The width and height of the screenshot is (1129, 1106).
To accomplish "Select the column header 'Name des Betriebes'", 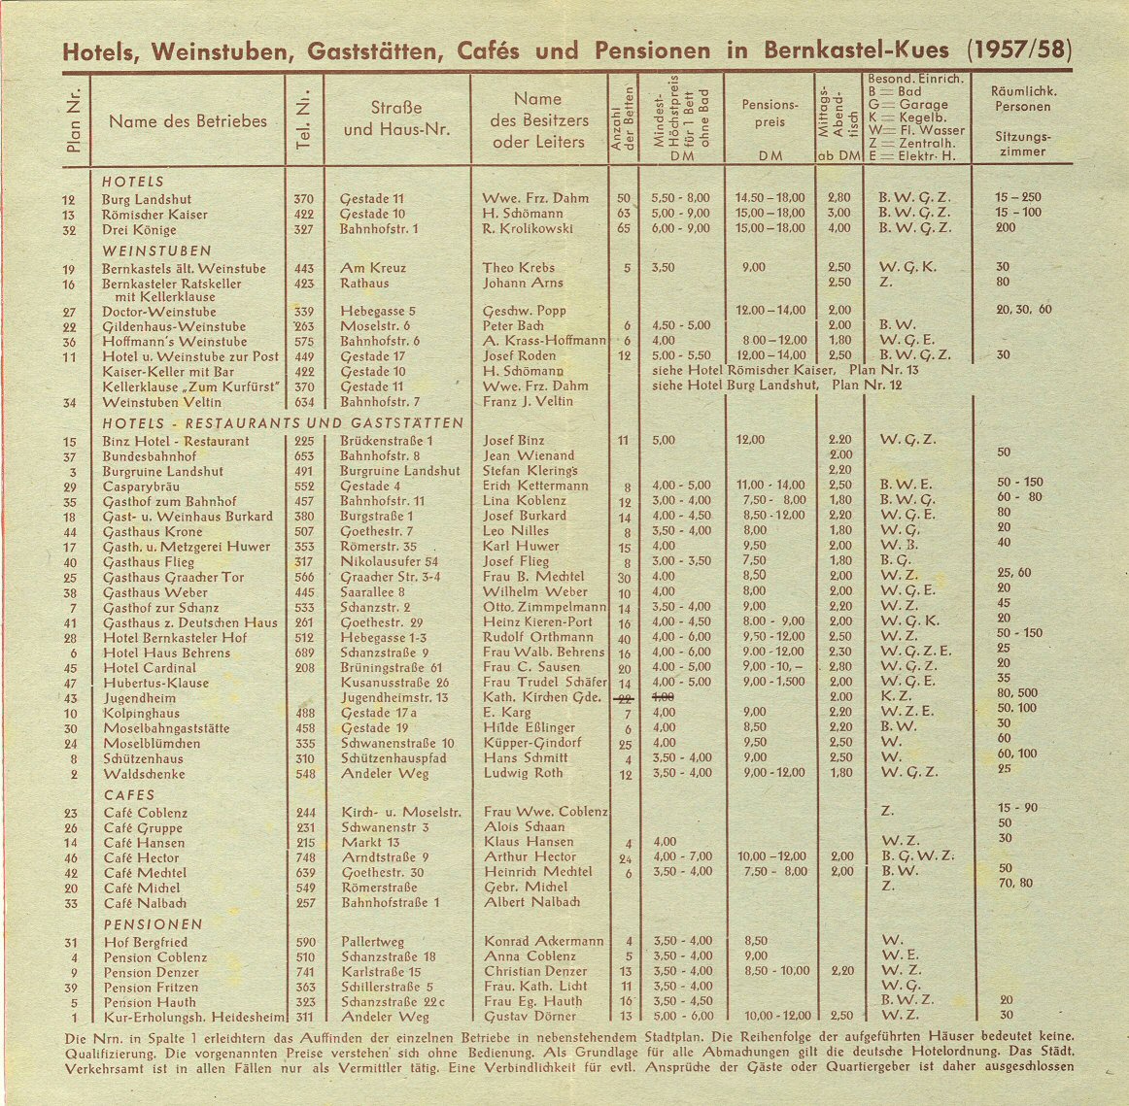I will pos(188,121).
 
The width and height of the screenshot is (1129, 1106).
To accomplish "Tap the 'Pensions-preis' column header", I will pos(770,114).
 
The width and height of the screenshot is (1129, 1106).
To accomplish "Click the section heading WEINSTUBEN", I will pos(144,250).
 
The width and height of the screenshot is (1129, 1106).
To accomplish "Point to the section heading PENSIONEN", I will pos(154,924).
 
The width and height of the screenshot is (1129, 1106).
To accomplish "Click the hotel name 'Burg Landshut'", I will pos(147,198).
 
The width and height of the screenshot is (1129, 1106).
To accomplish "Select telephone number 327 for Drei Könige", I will pos(303,229).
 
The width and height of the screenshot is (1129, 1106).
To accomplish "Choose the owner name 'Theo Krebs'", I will pos(518,268).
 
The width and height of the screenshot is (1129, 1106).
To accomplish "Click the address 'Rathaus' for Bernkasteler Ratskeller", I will pos(364,284).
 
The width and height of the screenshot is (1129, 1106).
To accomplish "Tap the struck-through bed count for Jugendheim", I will pos(625,698).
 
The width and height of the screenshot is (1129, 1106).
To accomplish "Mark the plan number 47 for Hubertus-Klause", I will pos(70,683).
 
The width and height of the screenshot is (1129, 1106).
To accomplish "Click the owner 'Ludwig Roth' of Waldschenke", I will pos(523,774).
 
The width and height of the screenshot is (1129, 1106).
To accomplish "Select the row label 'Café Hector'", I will pos(142,857).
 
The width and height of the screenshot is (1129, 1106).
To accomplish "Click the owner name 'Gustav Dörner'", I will pos(530,1017).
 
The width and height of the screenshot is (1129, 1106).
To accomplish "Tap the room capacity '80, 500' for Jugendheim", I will pos(1016,693).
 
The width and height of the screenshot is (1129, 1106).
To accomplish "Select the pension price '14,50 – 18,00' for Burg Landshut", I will pos(770,198).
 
